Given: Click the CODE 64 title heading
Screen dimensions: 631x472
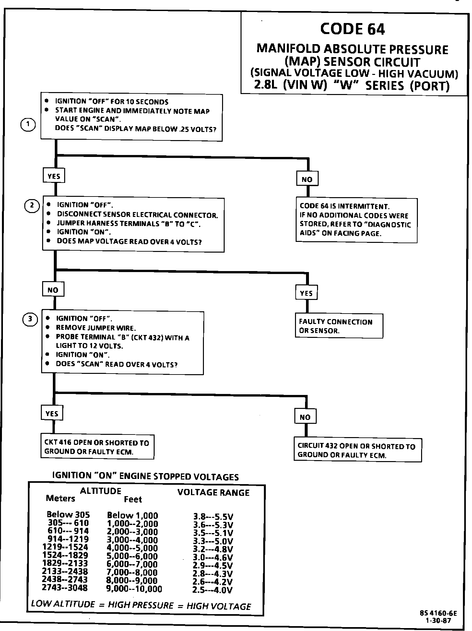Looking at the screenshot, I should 352,29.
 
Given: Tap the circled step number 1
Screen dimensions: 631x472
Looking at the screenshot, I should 28,125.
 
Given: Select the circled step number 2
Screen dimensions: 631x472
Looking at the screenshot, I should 32,205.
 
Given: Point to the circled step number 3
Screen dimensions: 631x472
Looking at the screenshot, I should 30,319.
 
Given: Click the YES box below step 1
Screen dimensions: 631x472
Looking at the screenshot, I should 54,176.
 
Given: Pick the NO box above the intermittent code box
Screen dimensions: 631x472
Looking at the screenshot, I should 307,179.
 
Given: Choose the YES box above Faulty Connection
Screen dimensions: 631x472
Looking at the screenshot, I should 306,293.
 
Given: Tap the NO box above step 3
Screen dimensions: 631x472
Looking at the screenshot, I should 53,290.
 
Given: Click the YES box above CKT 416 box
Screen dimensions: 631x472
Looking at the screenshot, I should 52,413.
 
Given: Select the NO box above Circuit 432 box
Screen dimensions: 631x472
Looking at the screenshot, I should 305,417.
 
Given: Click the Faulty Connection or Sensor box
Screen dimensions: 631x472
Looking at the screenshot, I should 339,326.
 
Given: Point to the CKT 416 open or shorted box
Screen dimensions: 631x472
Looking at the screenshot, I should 97,447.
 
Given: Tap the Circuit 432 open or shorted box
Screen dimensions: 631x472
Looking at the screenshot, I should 357,450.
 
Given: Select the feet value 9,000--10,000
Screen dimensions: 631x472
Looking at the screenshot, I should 134,589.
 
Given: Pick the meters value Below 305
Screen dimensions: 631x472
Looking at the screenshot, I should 68,515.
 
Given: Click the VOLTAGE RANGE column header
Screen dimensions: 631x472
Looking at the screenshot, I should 213,493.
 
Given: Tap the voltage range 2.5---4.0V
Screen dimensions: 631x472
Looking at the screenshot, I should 213,590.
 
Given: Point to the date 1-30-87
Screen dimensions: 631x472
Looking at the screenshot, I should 439,621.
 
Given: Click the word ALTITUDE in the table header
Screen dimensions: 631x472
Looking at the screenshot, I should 100,491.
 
